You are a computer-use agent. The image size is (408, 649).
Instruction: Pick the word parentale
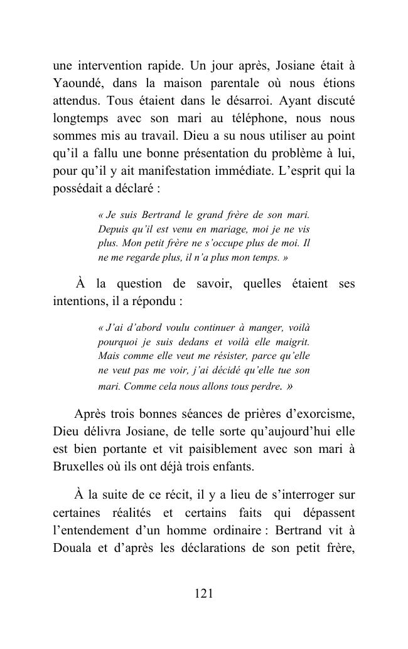click(x=235, y=83)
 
